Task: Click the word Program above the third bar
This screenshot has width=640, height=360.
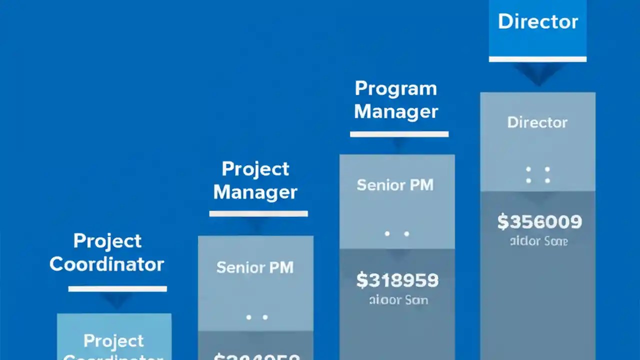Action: pyautogui.click(x=395, y=89)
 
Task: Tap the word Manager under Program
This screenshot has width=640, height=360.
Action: pyautogui.click(x=395, y=111)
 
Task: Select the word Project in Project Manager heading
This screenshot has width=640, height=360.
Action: pyautogui.click(x=255, y=169)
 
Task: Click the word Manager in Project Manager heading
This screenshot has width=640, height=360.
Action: pyautogui.click(x=255, y=192)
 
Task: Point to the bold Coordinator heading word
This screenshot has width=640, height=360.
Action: pyautogui.click(x=106, y=264)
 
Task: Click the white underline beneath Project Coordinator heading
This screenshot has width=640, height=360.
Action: pyautogui.click(x=117, y=288)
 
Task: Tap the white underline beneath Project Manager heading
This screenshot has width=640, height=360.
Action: pyautogui.click(x=258, y=213)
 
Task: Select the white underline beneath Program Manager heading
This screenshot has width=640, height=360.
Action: pyautogui.click(x=399, y=134)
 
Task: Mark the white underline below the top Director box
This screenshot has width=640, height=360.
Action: pyautogui.click(x=537, y=59)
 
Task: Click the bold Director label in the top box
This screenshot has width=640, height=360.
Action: pyautogui.click(x=537, y=21)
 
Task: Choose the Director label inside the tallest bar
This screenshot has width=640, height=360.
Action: pyautogui.click(x=537, y=122)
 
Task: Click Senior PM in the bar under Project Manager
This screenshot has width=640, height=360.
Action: pyautogui.click(x=255, y=267)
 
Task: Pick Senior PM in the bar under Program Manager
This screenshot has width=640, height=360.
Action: pyautogui.click(x=395, y=185)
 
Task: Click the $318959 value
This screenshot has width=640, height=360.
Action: pyautogui.click(x=397, y=280)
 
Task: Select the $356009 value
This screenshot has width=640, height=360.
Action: pyautogui.click(x=539, y=221)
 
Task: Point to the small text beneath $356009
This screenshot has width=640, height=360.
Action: pyautogui.click(x=538, y=241)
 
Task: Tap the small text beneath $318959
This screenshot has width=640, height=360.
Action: pyautogui.click(x=398, y=300)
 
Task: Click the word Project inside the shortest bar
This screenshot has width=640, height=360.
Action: pyautogui.click(x=113, y=341)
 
